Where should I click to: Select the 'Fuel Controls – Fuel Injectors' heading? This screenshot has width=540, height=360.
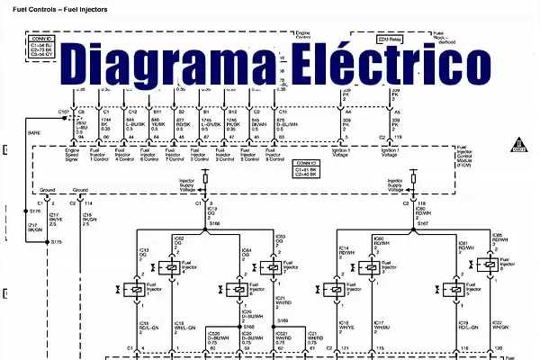[x=56, y=8]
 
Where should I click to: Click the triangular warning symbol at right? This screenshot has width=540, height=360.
[x=518, y=143]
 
